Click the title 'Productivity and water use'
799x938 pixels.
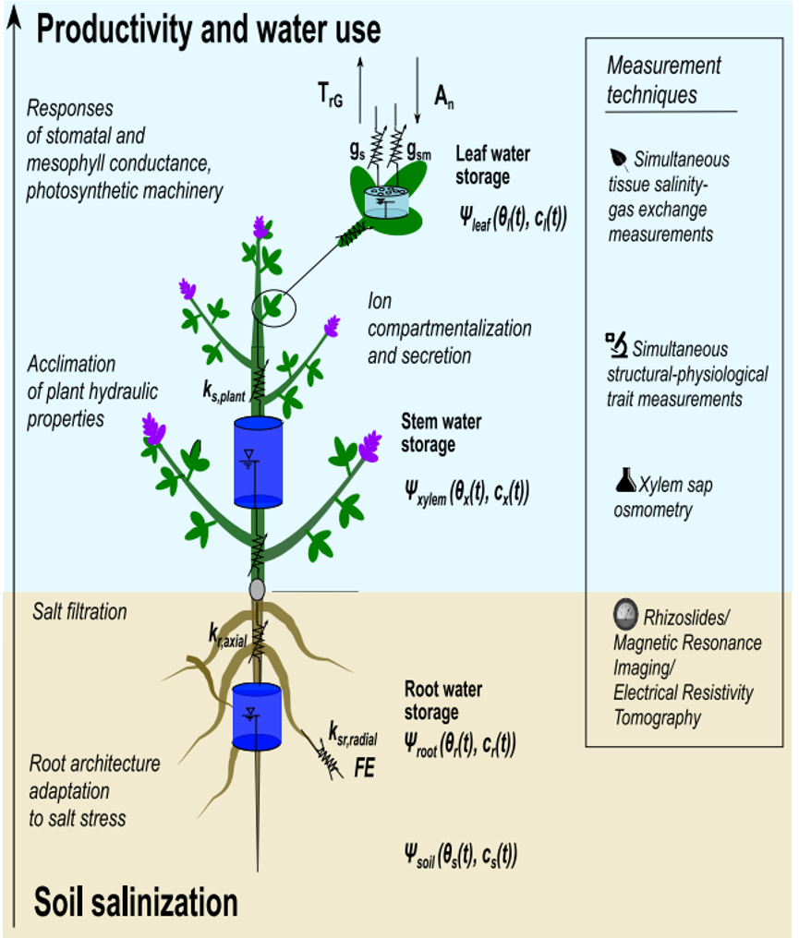208,30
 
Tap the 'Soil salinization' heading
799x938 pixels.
136,901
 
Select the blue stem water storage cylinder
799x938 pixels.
257,462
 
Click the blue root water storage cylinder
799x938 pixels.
257,716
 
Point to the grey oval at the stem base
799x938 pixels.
258,587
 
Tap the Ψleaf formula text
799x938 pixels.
513,220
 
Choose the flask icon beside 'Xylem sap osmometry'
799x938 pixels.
623,480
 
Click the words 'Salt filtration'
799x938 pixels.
79,611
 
